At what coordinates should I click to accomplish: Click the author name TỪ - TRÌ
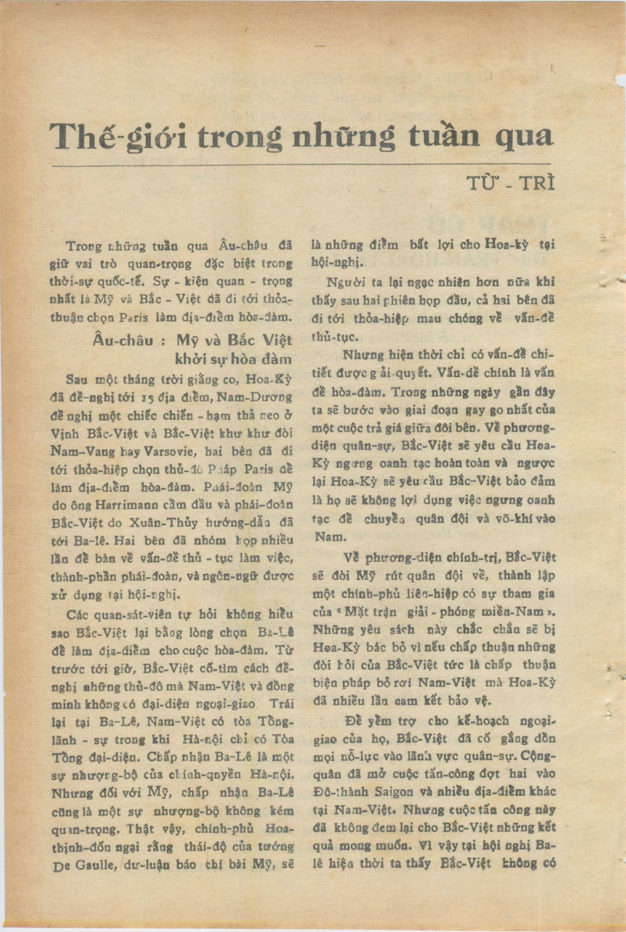point(511,184)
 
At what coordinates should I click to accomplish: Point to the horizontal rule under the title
point(301,164)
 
